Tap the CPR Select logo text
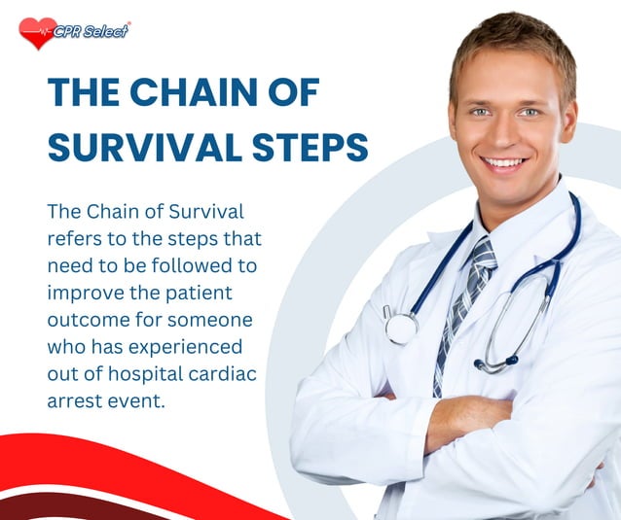[x=93, y=30]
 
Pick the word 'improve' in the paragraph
[x=86, y=293]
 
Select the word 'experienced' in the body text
[x=191, y=347]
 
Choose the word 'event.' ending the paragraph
[x=132, y=401]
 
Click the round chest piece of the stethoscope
[x=400, y=327]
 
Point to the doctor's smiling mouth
[x=504, y=162]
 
